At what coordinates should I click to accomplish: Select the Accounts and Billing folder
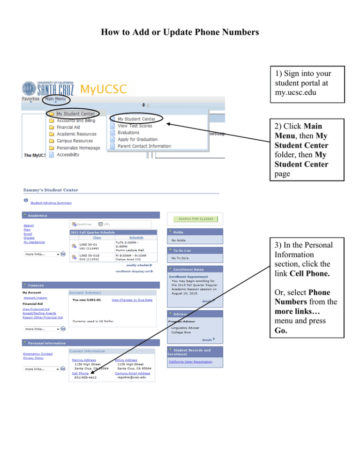pos(76,120)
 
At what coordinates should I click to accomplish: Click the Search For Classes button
pos(195,219)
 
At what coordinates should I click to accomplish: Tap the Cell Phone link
pos(80,373)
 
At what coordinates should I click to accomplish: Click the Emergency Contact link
pos(37,353)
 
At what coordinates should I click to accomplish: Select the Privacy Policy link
pos(33,358)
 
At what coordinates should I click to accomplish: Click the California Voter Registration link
pos(190,361)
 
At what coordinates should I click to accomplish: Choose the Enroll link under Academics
pos(28,233)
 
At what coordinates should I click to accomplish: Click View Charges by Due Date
pos(132,300)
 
